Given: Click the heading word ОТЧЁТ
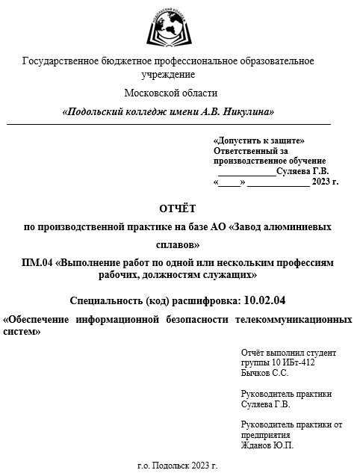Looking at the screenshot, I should point(179,208).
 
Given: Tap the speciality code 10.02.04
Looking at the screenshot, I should point(265,301).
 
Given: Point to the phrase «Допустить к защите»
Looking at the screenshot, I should point(258,140).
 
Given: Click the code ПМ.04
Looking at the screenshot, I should point(38,263).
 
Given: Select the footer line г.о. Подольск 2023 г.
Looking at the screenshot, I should point(178,465).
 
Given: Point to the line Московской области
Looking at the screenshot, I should point(171,93).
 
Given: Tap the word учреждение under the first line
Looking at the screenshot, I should point(168,74).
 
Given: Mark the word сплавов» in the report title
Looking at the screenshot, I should point(178,244).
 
